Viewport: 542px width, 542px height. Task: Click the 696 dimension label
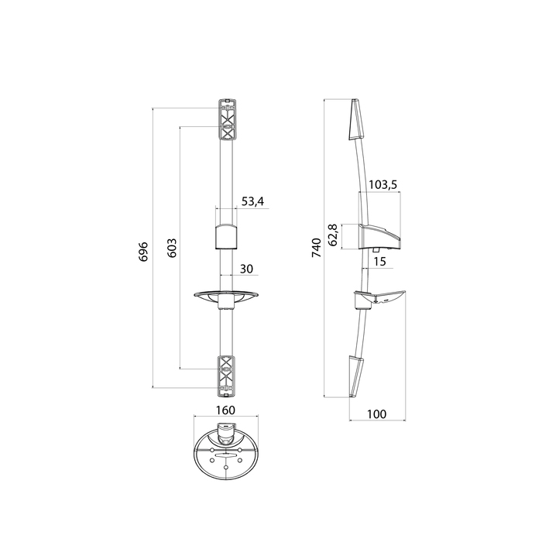click(x=143, y=252)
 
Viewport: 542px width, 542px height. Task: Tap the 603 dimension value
click(x=172, y=248)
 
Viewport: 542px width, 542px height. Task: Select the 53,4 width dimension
click(x=252, y=201)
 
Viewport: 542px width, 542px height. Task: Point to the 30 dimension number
click(x=246, y=269)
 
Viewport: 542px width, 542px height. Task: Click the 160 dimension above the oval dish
click(x=225, y=410)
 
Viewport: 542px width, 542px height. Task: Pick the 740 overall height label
click(x=317, y=248)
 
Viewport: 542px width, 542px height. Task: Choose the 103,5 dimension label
click(x=382, y=185)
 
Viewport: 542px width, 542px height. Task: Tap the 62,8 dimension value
click(x=333, y=235)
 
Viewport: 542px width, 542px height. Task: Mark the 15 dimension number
click(x=379, y=262)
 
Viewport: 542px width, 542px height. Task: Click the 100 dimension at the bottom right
click(x=376, y=413)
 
